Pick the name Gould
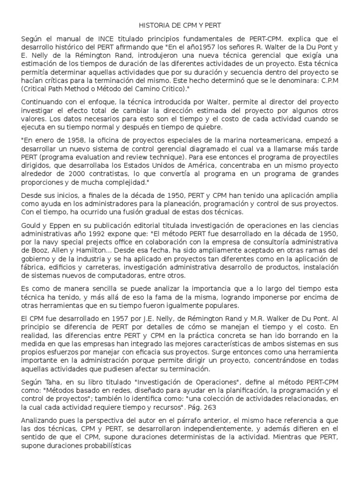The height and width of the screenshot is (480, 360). pos(31,225)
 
